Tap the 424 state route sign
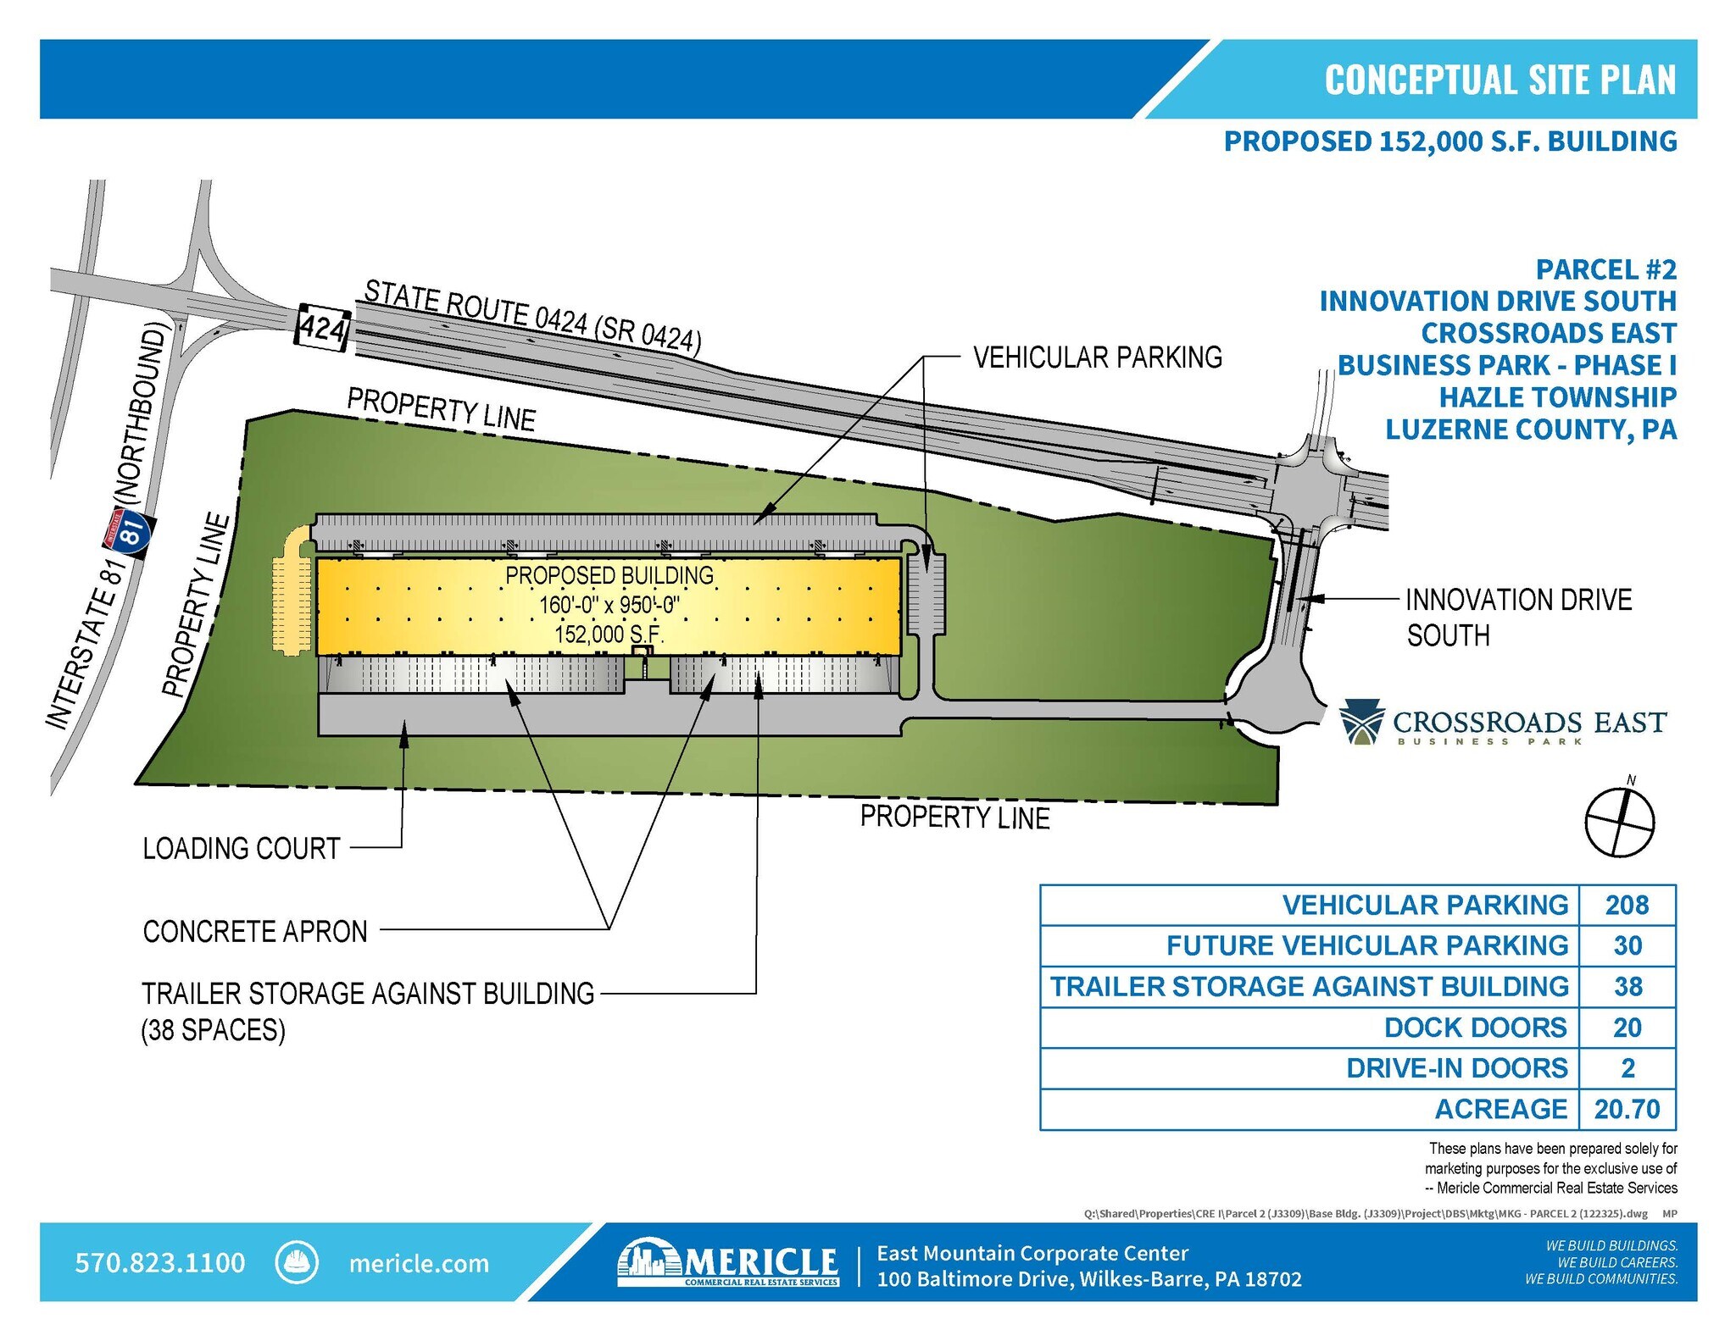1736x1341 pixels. (322, 326)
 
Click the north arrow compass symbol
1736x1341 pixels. (1619, 821)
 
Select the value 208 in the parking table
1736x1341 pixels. (1627, 905)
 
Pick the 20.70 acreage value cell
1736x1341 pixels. (1627, 1109)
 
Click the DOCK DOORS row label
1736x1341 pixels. (1475, 1028)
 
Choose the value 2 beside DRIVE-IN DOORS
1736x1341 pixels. (1627, 1068)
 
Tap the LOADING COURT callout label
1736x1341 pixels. (242, 848)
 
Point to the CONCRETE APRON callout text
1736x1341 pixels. (255, 931)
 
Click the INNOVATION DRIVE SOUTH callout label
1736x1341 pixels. (1517, 617)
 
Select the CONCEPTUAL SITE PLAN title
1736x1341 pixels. (1500, 80)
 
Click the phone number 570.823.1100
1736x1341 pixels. (160, 1262)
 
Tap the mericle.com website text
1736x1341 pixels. (419, 1263)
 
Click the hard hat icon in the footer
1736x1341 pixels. (297, 1262)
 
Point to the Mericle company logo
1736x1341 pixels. (729, 1262)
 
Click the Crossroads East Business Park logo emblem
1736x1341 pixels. (1361, 723)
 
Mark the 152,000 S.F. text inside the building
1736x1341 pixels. (609, 634)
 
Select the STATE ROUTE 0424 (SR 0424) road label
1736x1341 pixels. (532, 316)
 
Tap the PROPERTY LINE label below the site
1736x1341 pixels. (954, 817)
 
